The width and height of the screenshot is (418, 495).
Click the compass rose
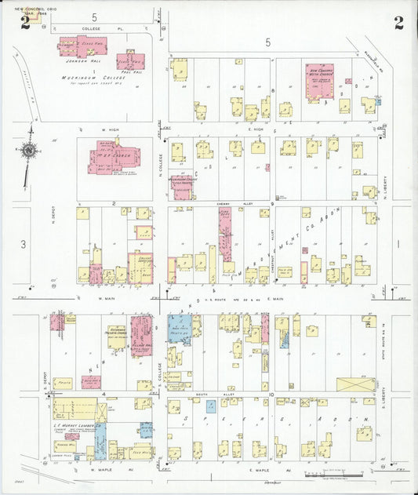[29, 150]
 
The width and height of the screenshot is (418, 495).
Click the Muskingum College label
[87, 78]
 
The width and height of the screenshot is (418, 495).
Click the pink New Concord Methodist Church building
[319, 78]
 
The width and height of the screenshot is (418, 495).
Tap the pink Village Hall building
[141, 336]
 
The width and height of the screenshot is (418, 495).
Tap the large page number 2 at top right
[398, 23]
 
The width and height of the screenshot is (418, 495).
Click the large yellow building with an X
[355, 384]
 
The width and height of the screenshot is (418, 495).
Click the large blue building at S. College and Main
[180, 327]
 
